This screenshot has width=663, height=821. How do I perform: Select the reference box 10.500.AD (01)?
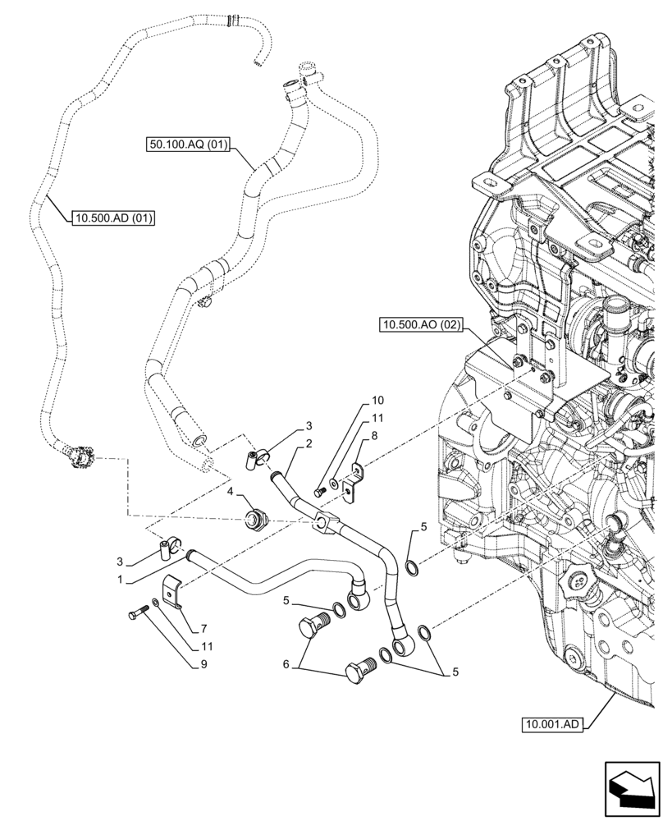114,218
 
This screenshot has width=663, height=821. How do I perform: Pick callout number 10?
377,401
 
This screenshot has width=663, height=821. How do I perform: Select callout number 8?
374,437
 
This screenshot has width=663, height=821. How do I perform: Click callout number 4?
231,493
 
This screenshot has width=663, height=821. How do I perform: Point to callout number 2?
309,444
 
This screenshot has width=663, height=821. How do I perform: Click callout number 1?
120,579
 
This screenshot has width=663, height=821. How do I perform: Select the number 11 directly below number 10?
377,419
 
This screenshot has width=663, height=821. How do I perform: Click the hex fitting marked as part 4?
254,519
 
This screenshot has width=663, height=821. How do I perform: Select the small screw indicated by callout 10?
320,490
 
